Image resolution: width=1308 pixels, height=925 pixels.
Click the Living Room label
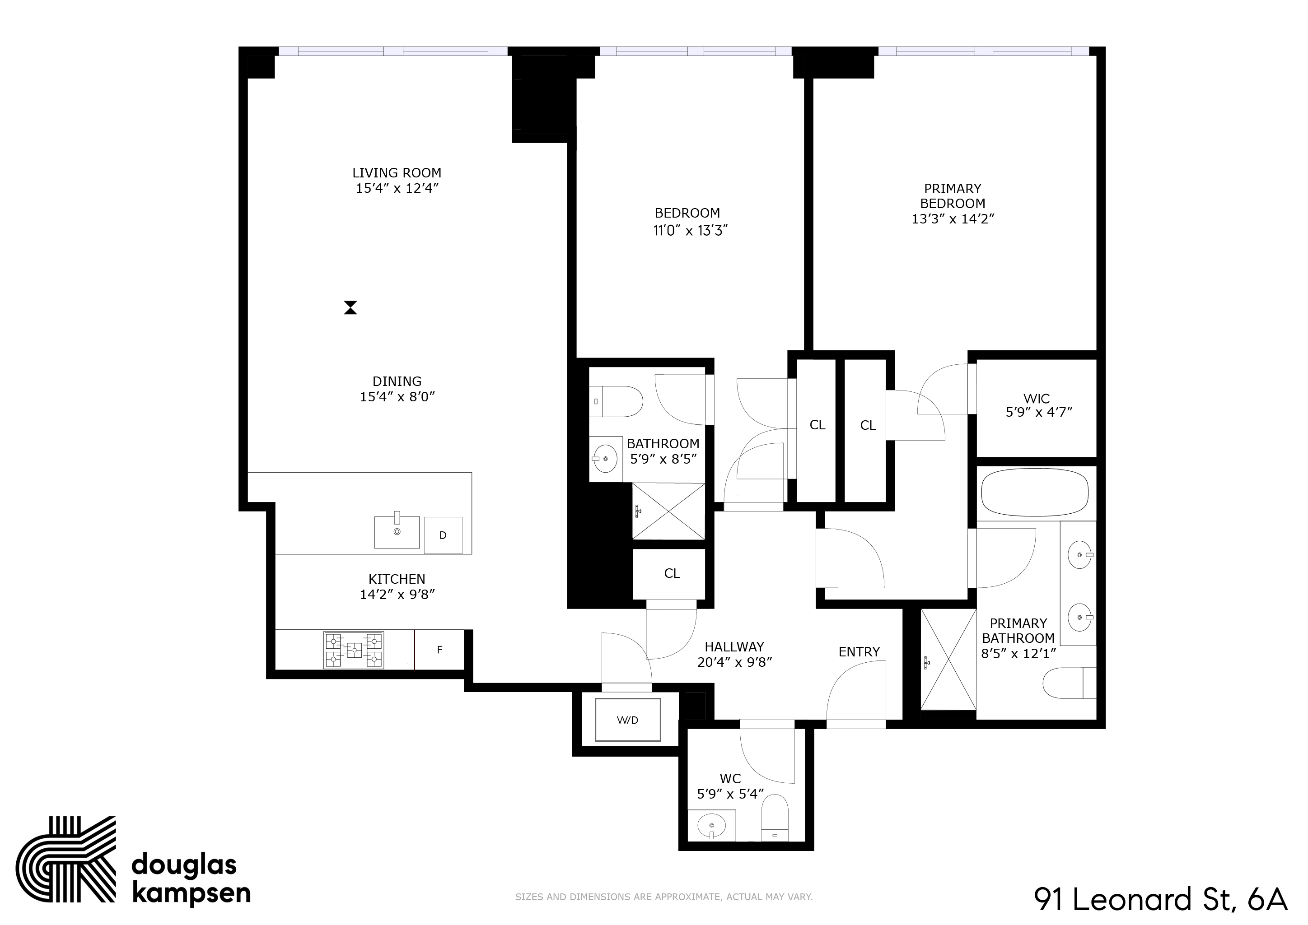[397, 172]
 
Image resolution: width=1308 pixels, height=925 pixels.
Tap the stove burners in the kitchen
[353, 650]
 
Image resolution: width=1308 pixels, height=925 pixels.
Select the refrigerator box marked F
[439, 650]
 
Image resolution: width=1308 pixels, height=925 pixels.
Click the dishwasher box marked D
[443, 535]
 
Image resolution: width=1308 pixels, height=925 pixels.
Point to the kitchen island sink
[397, 532]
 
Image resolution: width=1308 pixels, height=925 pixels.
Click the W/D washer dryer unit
[627, 720]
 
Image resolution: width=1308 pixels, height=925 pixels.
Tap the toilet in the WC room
[775, 819]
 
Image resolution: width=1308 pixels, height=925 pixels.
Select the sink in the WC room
[711, 825]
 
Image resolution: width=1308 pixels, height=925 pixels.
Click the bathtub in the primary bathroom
[1035, 493]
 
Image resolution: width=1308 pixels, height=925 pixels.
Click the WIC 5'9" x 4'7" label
[1038, 405]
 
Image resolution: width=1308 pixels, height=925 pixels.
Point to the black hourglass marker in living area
[350, 307]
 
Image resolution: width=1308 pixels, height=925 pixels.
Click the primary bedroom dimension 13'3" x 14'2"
[953, 218]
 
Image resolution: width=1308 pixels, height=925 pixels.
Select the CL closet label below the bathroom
[672, 574]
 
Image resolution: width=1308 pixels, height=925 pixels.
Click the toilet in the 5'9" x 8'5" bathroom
[618, 401]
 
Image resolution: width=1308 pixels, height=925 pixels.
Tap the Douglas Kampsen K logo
[65, 865]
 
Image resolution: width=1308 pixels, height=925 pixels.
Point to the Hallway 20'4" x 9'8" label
[734, 655]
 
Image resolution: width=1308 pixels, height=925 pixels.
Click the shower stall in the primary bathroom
[948, 660]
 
